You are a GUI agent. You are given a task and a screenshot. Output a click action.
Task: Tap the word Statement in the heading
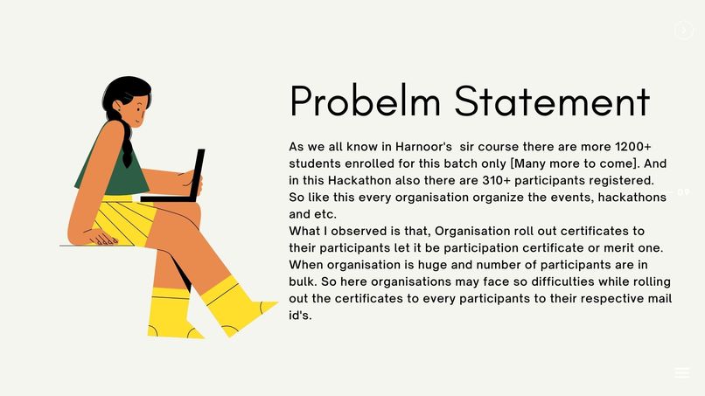552,101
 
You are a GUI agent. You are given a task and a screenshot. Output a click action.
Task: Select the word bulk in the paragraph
304,281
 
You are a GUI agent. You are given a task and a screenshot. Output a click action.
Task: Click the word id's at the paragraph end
300,316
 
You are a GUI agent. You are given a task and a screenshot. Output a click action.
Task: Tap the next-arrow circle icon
683,30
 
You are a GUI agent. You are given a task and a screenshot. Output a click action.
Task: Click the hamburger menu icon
682,372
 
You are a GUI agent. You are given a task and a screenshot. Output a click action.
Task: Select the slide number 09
683,192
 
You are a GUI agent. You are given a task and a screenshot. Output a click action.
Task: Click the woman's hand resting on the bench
103,238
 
